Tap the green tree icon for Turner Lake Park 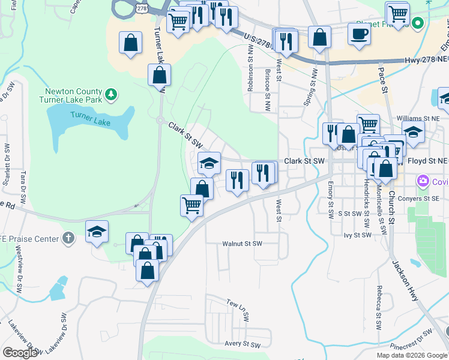pyautogui.click(x=110, y=94)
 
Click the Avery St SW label pyautogui.click(x=241, y=344)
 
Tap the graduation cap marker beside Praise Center pyautogui.click(x=96, y=233)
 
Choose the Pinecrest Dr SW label pyautogui.click(x=411, y=340)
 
